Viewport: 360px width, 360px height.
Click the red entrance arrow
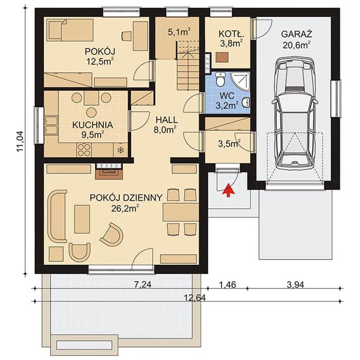pyautogui.click(x=228, y=190)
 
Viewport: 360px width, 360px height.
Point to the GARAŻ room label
pyautogui.click(x=296, y=34)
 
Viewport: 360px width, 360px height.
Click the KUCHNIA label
pyautogui.click(x=93, y=125)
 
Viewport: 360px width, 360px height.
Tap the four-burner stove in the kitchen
pyautogui.click(x=83, y=150)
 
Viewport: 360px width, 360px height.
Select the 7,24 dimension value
pyautogui.click(x=142, y=285)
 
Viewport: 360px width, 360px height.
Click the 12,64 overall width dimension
pyautogui.click(x=195, y=298)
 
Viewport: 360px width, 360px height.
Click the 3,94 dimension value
pyautogui.click(x=295, y=285)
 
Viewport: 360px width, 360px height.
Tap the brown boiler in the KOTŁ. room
pyautogui.click(x=222, y=57)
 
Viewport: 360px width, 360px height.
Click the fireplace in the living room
pyautogui.click(x=109, y=171)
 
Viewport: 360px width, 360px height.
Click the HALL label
pyautogui.click(x=167, y=120)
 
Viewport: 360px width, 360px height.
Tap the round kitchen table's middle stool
pyautogui.click(x=92, y=113)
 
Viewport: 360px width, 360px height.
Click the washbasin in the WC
pyautogui.click(x=246, y=103)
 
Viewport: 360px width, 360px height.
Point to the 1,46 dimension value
pyautogui.click(x=227, y=285)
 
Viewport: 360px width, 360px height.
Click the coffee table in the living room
pyautogui.click(x=82, y=219)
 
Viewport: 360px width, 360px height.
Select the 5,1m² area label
pyautogui.click(x=179, y=32)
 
